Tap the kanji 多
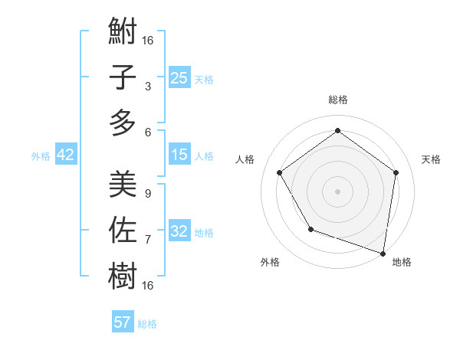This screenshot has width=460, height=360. (123, 123)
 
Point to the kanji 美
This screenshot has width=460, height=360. (123, 185)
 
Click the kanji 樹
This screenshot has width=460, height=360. (123, 275)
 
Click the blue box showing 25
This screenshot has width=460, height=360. (179, 77)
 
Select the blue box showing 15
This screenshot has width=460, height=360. (179, 155)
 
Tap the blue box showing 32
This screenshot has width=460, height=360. (179, 231)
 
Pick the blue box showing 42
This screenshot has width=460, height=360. (66, 155)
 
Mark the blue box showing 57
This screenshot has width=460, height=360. (123, 322)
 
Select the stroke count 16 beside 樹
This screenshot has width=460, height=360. (148, 285)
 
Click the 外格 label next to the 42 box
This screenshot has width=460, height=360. (41, 156)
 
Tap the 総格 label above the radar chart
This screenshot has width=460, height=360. (338, 100)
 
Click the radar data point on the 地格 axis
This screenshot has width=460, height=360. (383, 253)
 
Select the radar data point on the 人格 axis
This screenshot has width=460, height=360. (279, 172)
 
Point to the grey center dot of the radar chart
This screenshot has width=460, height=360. (338, 191)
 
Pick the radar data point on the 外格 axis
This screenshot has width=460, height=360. (310, 229)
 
